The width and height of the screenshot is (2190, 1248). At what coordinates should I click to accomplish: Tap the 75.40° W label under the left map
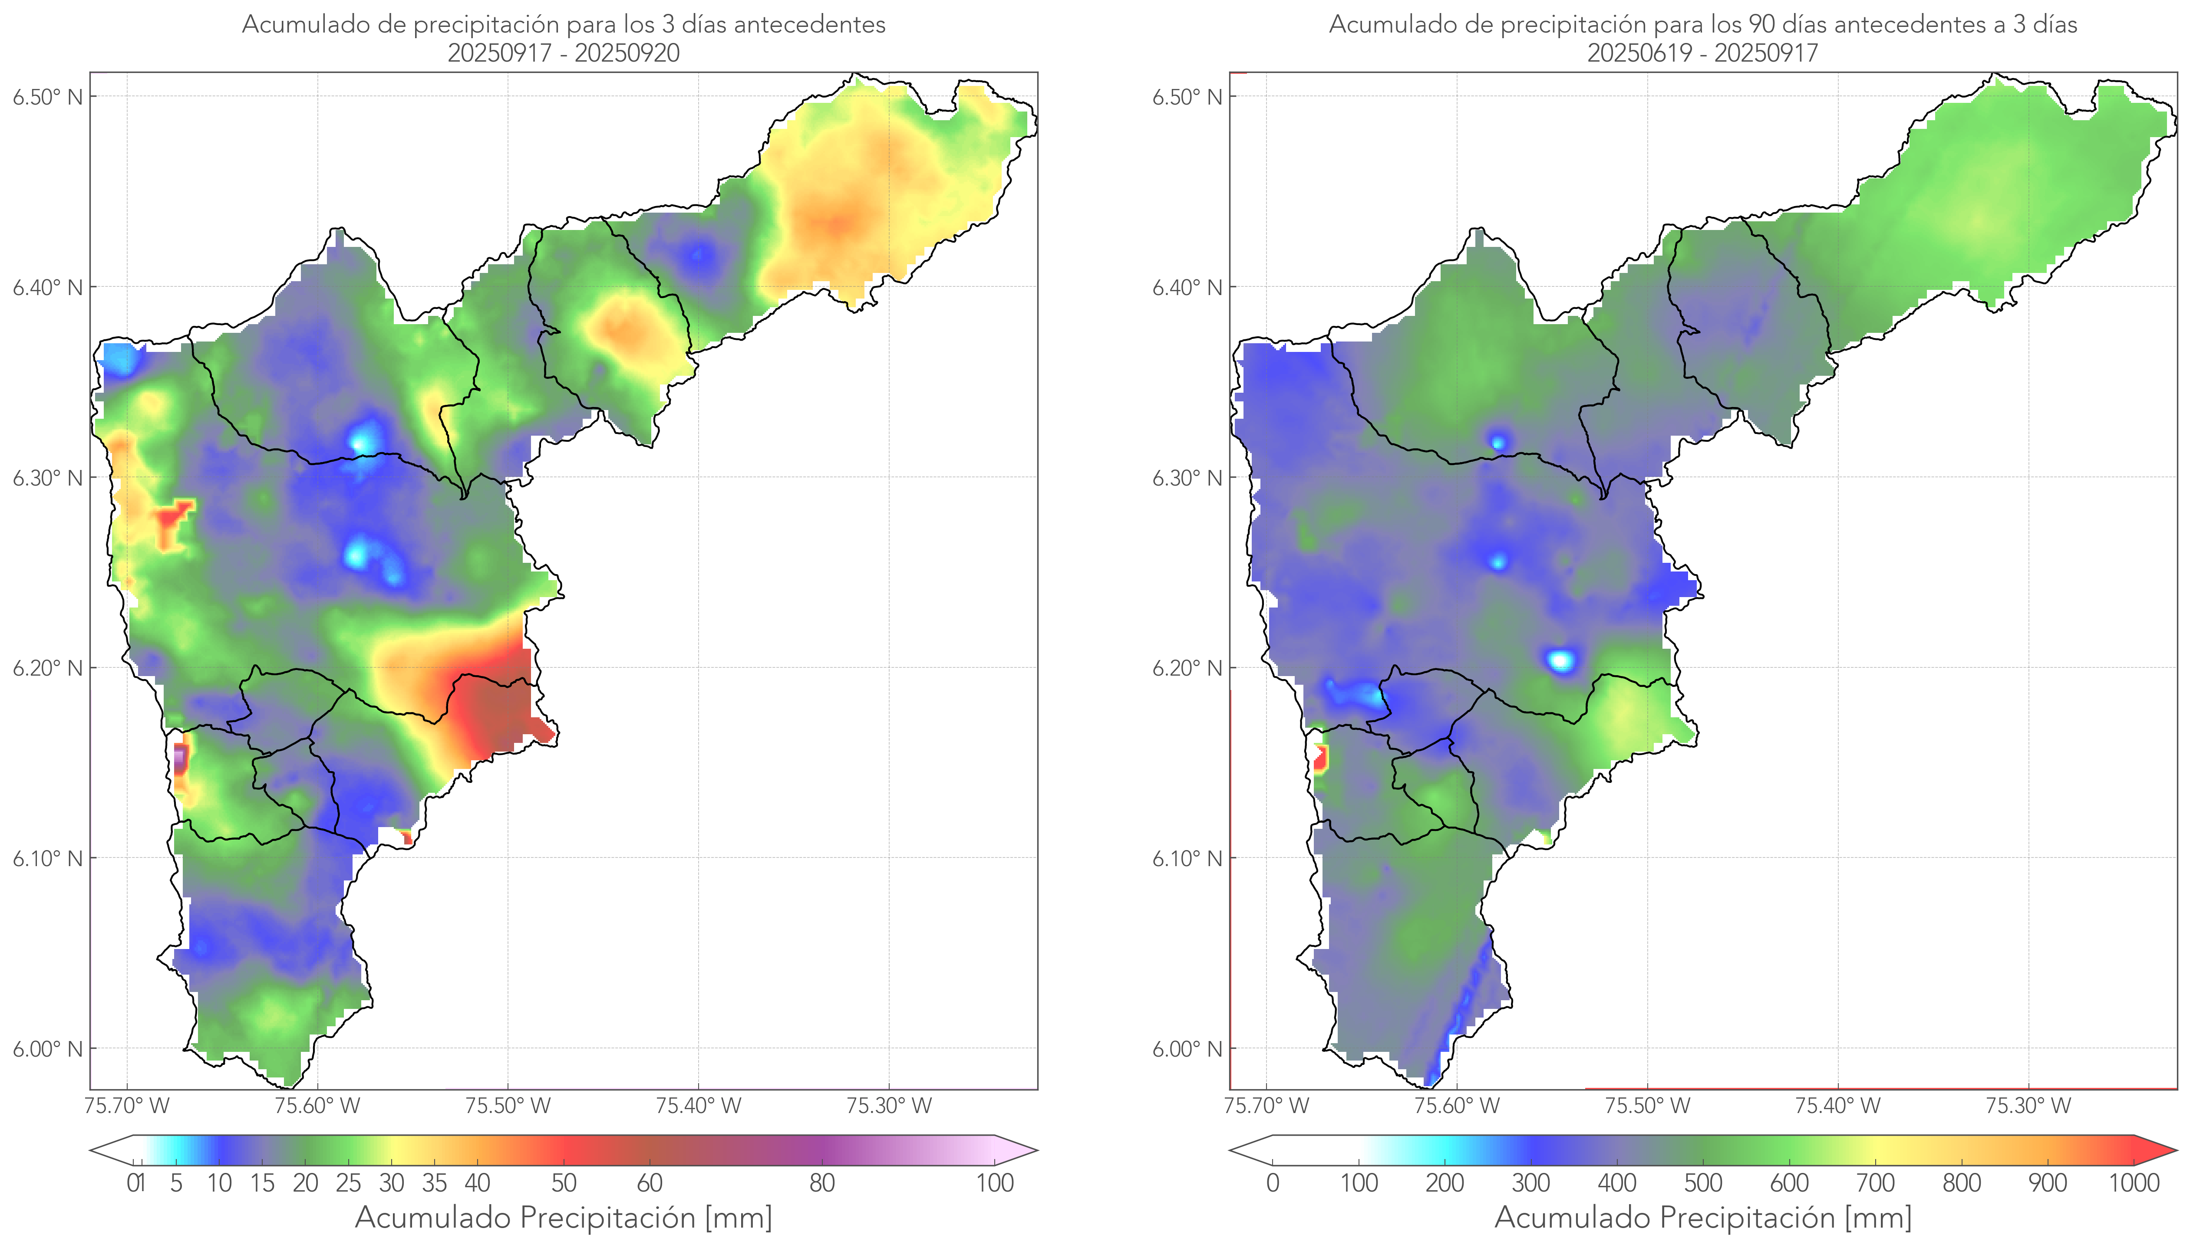[698, 1106]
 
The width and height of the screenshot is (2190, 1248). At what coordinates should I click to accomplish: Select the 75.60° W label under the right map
[1457, 1106]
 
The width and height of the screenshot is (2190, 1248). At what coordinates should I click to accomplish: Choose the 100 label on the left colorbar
[995, 1183]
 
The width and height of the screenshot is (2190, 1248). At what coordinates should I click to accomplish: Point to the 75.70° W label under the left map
[127, 1106]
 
